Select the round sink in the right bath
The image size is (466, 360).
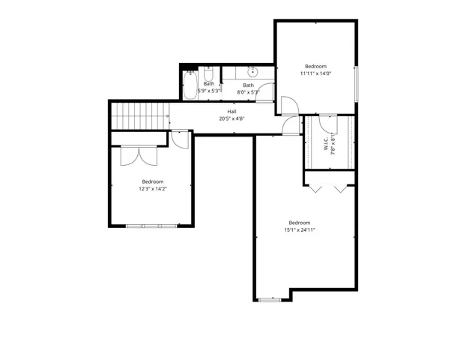[252, 72]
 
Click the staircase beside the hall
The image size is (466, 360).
[139, 116]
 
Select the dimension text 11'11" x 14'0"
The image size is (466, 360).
[315, 73]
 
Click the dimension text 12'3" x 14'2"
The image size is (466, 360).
[153, 189]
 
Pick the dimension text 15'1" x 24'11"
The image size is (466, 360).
[299, 230]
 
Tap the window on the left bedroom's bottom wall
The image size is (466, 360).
[153, 226]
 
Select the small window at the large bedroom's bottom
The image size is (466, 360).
[270, 300]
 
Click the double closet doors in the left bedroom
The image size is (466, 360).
[139, 154]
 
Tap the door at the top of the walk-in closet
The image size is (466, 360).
[329, 121]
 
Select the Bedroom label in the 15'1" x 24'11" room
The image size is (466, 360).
[299, 223]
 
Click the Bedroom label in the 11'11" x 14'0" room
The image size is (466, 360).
[315, 66]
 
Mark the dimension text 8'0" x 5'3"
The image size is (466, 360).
[248, 91]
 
